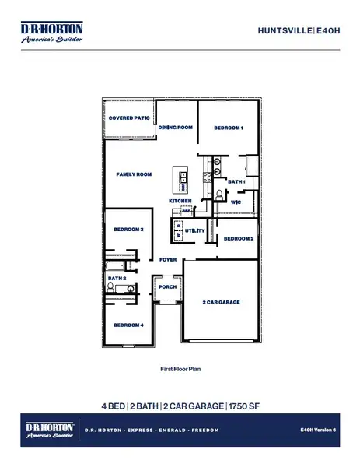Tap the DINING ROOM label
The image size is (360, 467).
click(x=175, y=128)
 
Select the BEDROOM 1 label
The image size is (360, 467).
click(x=229, y=128)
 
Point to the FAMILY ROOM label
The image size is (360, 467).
click(x=134, y=175)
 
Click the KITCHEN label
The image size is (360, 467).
click(x=180, y=201)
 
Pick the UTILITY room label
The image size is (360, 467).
click(x=194, y=231)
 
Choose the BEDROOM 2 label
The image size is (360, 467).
click(x=239, y=239)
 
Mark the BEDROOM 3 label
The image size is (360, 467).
click(x=128, y=230)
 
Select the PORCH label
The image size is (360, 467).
click(x=168, y=286)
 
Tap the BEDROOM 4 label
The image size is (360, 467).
click(x=128, y=325)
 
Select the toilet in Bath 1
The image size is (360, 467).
click(x=220, y=194)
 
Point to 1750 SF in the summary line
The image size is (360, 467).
click(x=244, y=406)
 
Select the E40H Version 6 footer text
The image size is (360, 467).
click(x=320, y=430)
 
